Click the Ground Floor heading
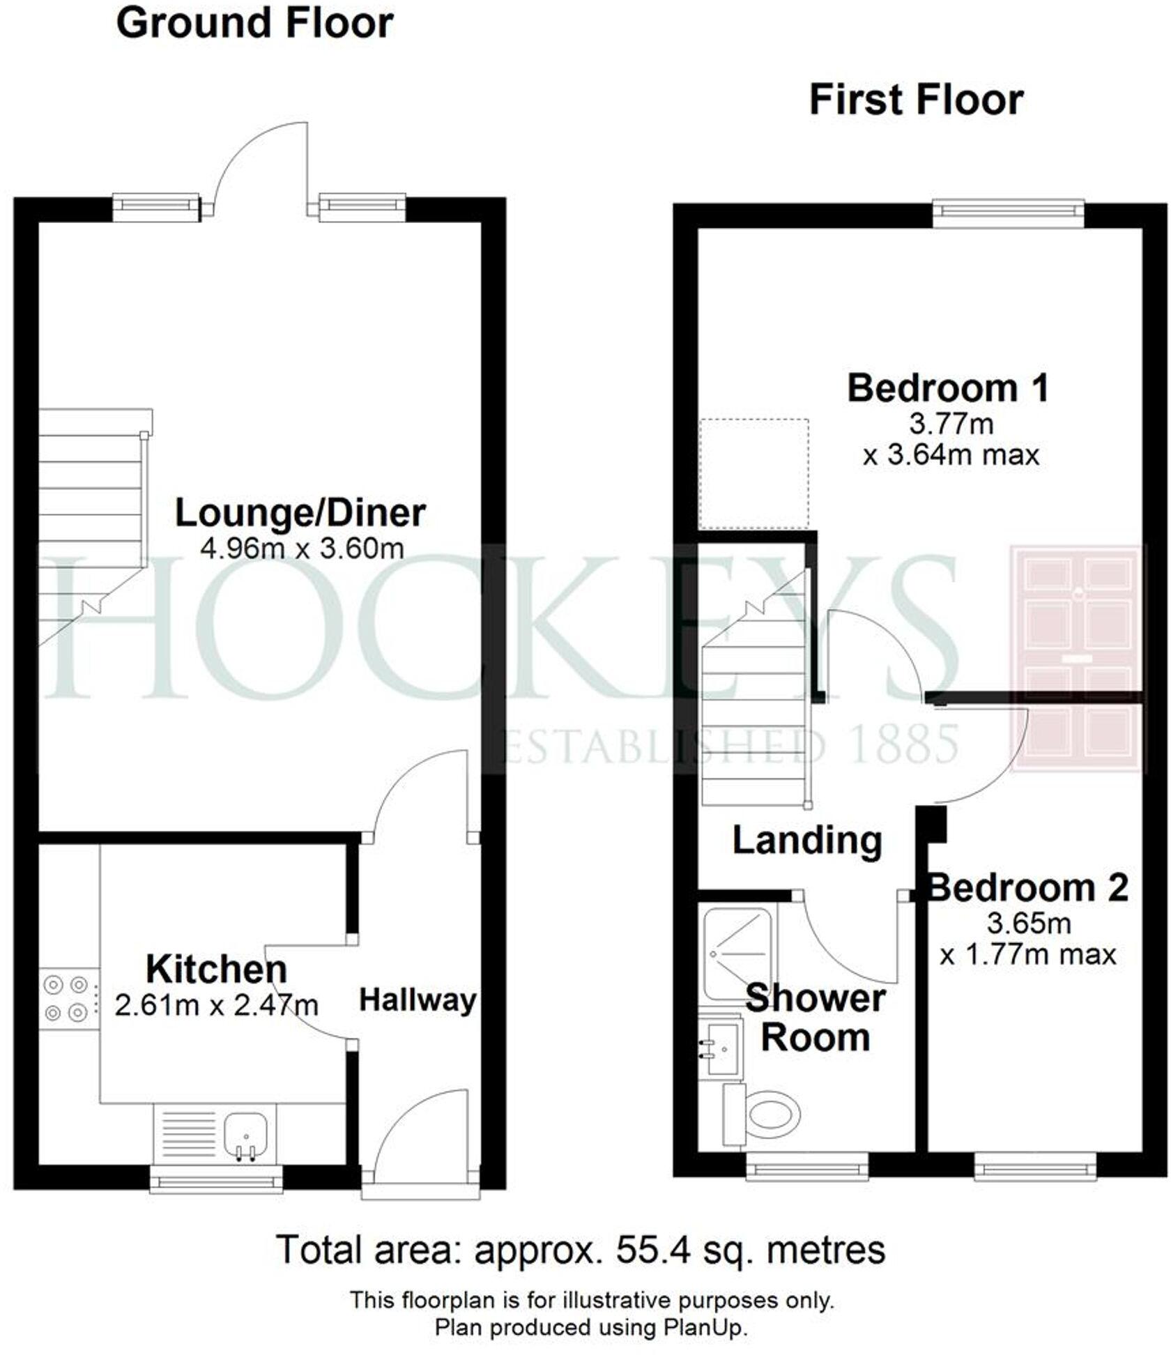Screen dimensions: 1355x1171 coord(254,24)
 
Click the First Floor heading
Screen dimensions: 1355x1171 coord(915,100)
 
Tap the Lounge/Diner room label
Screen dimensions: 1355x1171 coord(300,513)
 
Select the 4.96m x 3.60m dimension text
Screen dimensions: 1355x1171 coord(302,549)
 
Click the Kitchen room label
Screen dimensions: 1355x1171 coord(216,969)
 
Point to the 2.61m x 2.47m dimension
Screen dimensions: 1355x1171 coord(216,1005)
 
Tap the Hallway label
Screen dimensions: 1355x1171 coord(418,1000)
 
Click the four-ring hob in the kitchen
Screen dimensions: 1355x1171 coord(67,999)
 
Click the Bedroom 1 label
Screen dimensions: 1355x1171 coord(947,388)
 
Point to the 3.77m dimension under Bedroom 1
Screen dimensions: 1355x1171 coord(951,423)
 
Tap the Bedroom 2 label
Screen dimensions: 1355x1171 coord(1028,888)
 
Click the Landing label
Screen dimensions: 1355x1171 coord(806,841)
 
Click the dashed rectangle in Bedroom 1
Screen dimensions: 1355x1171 coord(754,474)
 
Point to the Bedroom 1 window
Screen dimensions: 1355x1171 coord(1009,213)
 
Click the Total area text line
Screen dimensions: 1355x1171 coord(581,1250)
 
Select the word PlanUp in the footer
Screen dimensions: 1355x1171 coord(712,1327)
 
